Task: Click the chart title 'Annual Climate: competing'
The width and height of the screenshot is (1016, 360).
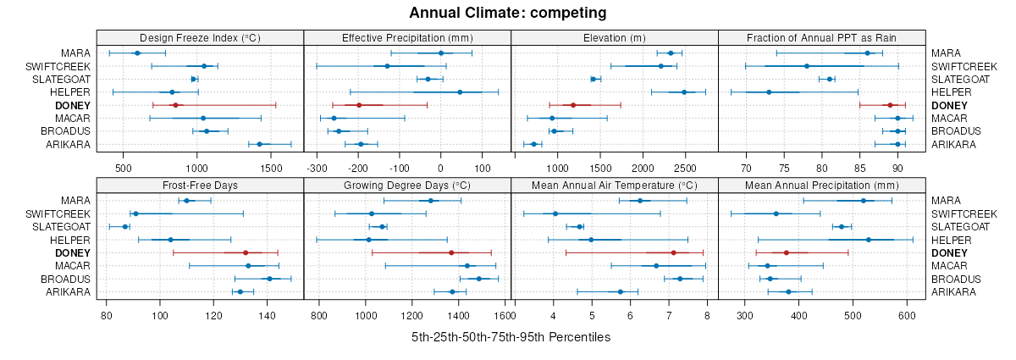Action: pyautogui.click(x=507, y=13)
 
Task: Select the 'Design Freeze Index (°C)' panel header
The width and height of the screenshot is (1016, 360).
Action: pyautogui.click(x=200, y=37)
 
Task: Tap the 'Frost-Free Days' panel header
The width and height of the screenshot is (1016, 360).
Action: pyautogui.click(x=200, y=185)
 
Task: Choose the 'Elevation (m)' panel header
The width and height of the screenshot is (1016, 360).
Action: pyautogui.click(x=615, y=37)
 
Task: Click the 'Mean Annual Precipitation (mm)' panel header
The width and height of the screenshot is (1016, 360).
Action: pyautogui.click(x=822, y=185)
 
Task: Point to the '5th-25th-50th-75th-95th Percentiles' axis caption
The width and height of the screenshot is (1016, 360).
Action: pyautogui.click(x=511, y=337)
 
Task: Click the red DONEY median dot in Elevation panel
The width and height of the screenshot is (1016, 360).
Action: pyautogui.click(x=573, y=105)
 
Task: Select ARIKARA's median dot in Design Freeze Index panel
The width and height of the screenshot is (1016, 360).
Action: pyautogui.click(x=259, y=144)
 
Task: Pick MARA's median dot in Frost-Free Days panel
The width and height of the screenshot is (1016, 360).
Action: pyautogui.click(x=186, y=201)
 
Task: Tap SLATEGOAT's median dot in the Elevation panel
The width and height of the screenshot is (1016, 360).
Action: pyautogui.click(x=594, y=79)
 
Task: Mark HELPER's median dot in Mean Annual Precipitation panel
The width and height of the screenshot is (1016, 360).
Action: pyautogui.click(x=869, y=240)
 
